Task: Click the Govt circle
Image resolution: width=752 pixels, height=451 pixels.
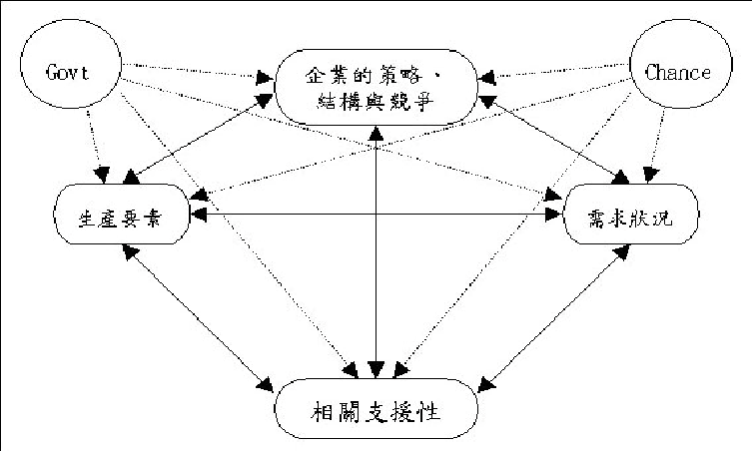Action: click(x=67, y=71)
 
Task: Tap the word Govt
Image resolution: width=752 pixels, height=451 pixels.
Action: click(x=68, y=71)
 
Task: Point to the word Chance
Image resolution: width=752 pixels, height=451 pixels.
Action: click(x=678, y=71)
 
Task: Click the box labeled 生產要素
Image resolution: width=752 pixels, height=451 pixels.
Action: click(x=123, y=214)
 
